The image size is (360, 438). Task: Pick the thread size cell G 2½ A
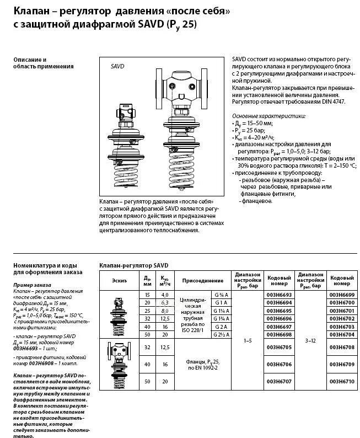(x=221, y=335)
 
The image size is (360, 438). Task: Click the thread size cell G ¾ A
(x=221, y=295)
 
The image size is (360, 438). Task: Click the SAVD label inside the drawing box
(x=117, y=66)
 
